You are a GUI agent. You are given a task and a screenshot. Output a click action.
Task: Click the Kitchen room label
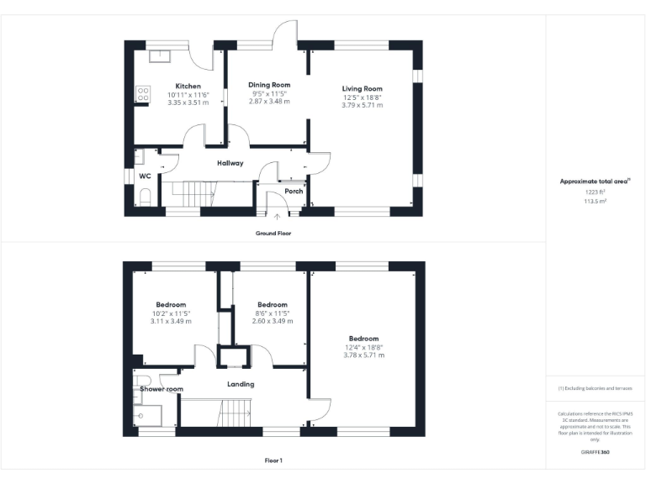click(188, 86)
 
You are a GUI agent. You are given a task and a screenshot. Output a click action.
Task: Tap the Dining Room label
click(269, 85)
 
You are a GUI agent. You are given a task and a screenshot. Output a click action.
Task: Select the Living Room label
click(362, 89)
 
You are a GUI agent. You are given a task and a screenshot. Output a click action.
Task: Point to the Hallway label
click(230, 163)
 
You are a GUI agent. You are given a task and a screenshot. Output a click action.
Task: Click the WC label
click(145, 176)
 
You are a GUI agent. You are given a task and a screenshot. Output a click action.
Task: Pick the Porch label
click(294, 191)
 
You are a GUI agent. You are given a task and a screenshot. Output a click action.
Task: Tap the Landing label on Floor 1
click(241, 384)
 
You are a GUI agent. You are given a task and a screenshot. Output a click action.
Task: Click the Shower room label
click(161, 389)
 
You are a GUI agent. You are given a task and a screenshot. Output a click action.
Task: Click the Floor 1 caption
click(273, 460)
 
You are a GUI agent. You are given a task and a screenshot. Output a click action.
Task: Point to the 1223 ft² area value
click(595, 192)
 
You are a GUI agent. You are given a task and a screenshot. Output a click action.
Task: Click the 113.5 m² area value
click(595, 200)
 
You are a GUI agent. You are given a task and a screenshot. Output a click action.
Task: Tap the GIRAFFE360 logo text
click(595, 452)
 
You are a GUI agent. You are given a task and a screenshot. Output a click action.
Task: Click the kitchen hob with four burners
click(143, 94)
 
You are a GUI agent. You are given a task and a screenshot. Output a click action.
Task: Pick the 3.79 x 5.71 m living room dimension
click(362, 105)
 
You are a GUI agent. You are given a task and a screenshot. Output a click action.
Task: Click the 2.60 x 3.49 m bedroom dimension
click(272, 321)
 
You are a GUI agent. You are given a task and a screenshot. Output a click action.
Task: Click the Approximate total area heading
click(595, 181)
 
